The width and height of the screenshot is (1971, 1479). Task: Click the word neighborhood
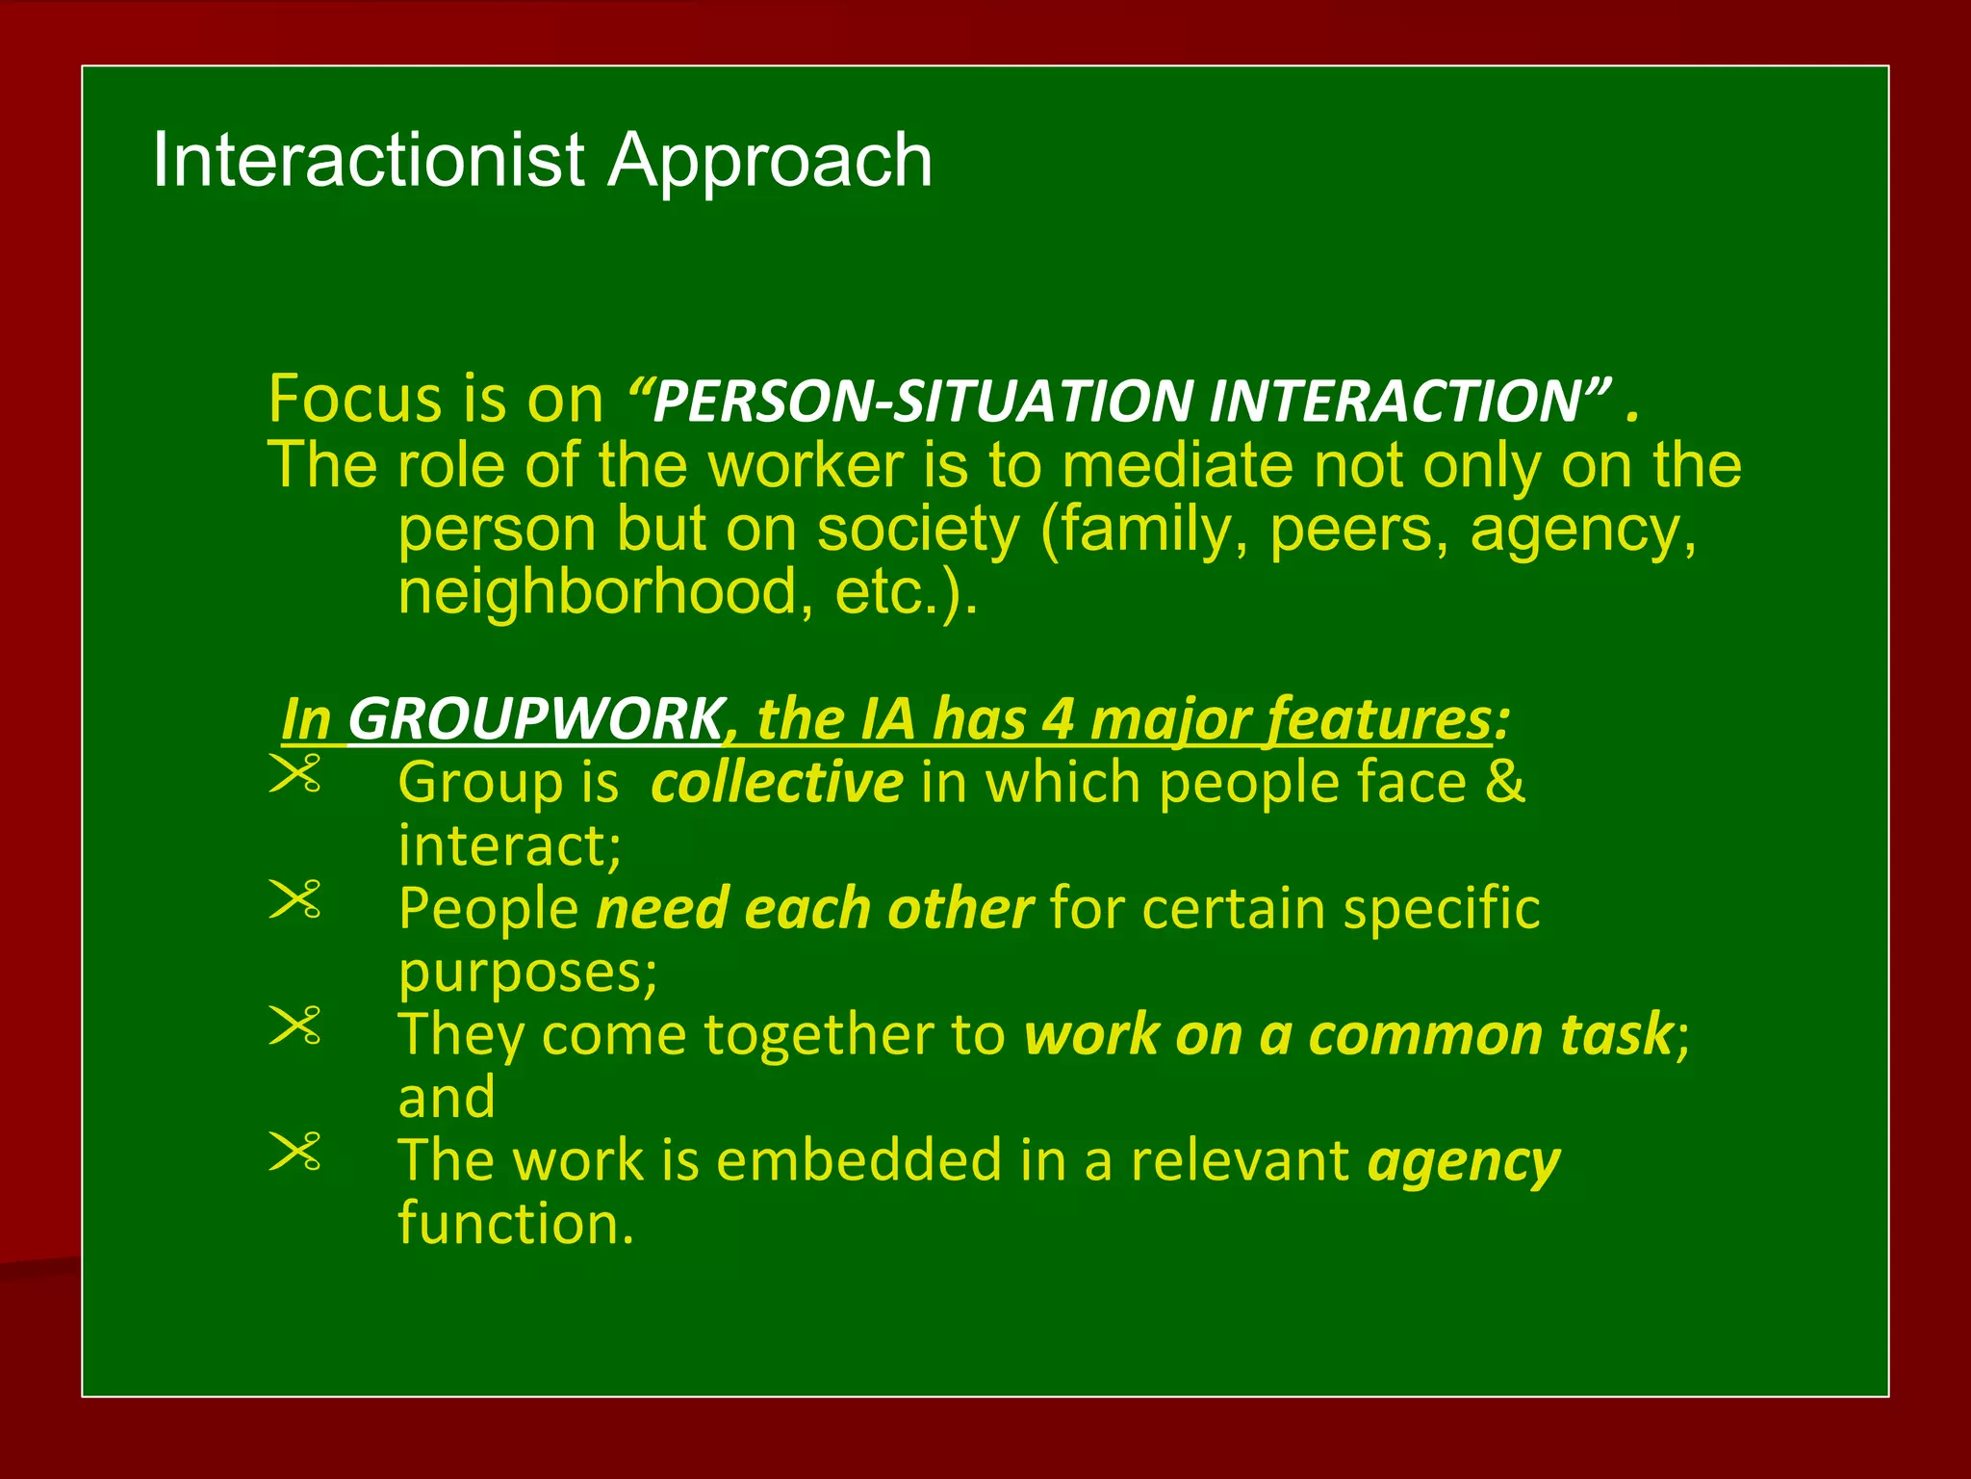598,592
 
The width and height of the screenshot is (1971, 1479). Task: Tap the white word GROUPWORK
535,719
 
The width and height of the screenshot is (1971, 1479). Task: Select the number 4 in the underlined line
1058,719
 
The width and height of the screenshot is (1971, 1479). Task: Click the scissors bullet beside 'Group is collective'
294,774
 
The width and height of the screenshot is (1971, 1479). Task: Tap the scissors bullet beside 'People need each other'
294,900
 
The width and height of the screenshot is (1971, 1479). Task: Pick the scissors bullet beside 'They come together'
294,1025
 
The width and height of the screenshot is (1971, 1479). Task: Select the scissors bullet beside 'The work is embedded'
294,1152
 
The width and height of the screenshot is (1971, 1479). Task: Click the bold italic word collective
777,783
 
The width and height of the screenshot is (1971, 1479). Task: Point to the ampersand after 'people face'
1504,783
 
